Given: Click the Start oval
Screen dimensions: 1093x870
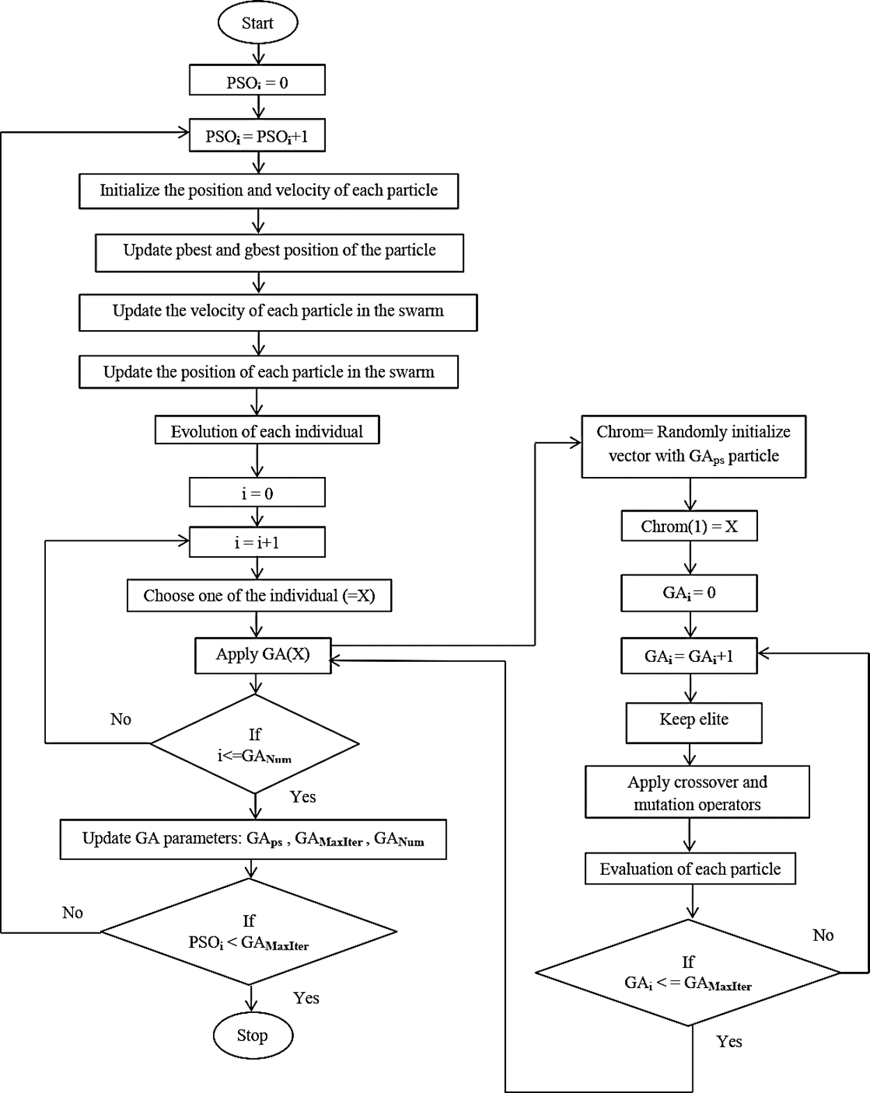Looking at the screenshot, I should pyautogui.click(x=258, y=23).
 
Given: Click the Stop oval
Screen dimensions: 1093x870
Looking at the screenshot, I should pyautogui.click(x=252, y=1035).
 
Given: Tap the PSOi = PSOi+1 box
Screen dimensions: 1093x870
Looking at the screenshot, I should pyautogui.click(x=257, y=136).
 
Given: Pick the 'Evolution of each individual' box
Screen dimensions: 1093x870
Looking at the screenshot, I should pyautogui.click(x=267, y=430).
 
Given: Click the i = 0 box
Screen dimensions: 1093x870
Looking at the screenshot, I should pyautogui.click(x=257, y=493).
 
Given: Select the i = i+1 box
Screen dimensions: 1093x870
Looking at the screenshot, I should pyautogui.click(x=257, y=542).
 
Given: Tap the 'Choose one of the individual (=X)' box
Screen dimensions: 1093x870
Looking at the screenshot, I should pyautogui.click(x=259, y=596).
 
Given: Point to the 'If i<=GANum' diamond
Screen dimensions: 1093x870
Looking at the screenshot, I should pyautogui.click(x=255, y=744).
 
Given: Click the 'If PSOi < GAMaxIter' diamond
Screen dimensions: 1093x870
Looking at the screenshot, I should pyautogui.click(x=249, y=932).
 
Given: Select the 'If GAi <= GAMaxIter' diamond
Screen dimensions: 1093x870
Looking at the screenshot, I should pyautogui.click(x=688, y=973).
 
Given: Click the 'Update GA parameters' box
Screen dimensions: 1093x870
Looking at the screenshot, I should pyautogui.click(x=253, y=839).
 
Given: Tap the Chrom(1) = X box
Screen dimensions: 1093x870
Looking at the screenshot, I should pyautogui.click(x=689, y=526).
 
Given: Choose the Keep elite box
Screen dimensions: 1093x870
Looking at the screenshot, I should pyautogui.click(x=694, y=721).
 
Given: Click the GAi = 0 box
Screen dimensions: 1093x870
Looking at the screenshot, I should pyautogui.click(x=689, y=593).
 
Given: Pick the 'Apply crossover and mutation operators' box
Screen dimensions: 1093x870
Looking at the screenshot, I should pyautogui.click(x=697, y=793).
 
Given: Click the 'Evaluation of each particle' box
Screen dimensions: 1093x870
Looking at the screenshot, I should pyautogui.click(x=690, y=869).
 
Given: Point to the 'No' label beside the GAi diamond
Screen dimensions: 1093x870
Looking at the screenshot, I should pyautogui.click(x=823, y=935).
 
